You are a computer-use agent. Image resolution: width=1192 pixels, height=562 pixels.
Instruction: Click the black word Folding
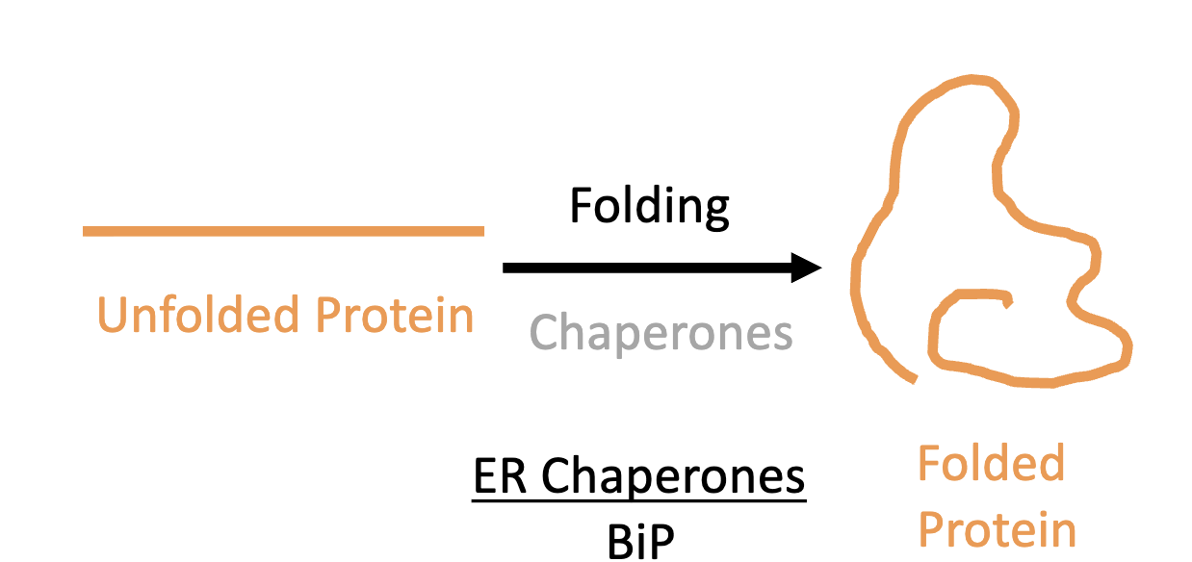(x=649, y=206)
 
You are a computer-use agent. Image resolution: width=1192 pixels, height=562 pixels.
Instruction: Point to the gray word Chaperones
(x=661, y=333)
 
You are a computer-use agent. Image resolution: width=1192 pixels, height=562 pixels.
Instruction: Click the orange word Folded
(x=991, y=464)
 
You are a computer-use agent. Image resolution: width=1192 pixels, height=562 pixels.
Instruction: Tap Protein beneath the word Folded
(x=997, y=529)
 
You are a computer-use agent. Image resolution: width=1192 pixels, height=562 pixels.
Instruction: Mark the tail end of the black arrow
(x=506, y=268)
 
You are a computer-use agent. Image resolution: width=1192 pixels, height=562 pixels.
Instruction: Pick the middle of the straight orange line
(x=283, y=231)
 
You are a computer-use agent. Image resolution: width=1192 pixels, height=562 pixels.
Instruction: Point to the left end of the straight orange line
(x=86, y=231)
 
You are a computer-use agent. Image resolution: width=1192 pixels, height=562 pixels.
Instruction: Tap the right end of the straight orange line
(x=480, y=231)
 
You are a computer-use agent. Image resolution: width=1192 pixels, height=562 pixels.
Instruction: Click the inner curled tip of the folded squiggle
(x=1007, y=301)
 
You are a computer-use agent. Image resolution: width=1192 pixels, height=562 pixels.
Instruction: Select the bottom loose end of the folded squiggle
(x=912, y=380)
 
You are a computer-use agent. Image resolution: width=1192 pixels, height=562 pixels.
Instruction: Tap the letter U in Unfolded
(x=113, y=315)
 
